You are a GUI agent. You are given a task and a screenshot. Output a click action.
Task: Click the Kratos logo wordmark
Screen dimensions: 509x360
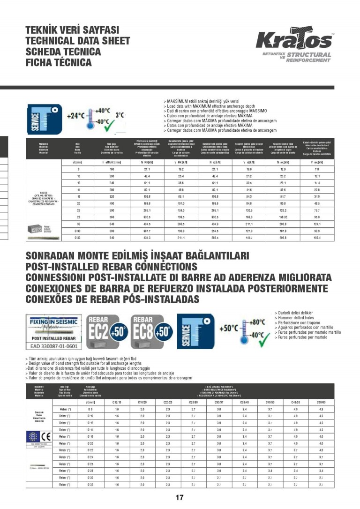click(x=294, y=41)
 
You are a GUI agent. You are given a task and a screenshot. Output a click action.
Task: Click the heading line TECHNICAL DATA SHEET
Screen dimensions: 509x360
click(x=77, y=41)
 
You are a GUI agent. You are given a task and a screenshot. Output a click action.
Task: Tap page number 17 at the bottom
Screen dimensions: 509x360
click(x=180, y=498)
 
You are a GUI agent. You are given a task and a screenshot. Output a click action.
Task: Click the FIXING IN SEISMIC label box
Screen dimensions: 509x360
click(x=52, y=322)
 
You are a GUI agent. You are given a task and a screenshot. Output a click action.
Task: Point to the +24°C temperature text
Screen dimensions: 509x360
click(x=75, y=115)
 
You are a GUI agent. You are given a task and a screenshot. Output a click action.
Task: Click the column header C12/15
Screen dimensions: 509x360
click(x=116, y=402)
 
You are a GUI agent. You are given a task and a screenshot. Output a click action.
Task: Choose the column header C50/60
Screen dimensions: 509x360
click(x=321, y=402)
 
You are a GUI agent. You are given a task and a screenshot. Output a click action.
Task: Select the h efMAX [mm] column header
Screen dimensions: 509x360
click(x=112, y=162)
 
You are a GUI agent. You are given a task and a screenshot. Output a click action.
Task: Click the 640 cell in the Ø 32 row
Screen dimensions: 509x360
click(x=112, y=238)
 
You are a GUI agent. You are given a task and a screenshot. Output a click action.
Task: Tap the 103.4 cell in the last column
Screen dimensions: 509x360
click(x=317, y=238)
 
